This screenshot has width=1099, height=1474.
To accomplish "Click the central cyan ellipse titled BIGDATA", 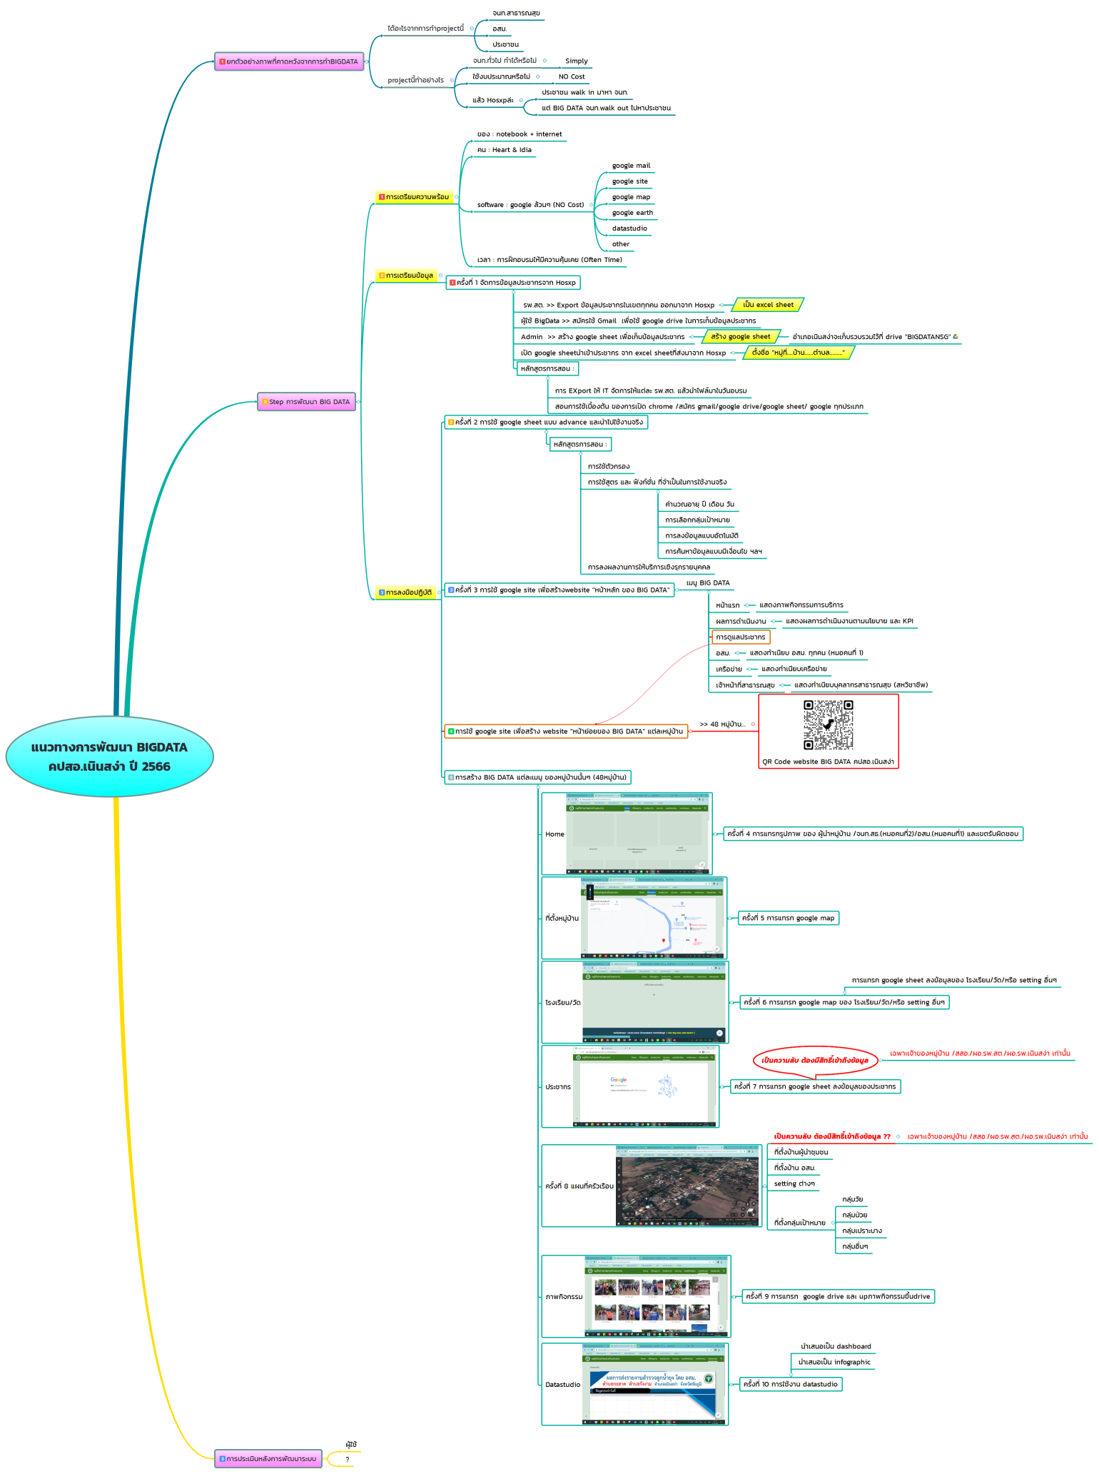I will pyautogui.click(x=109, y=757).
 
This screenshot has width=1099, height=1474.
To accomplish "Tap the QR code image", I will pyautogui.click(x=828, y=725).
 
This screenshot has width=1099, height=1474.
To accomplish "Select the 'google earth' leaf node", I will pyautogui.click(x=632, y=213).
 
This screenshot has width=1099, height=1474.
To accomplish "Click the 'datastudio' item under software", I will pyautogui.click(x=629, y=228).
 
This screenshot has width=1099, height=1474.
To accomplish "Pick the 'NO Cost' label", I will pyautogui.click(x=571, y=77).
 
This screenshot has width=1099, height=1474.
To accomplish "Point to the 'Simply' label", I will pyautogui.click(x=576, y=61).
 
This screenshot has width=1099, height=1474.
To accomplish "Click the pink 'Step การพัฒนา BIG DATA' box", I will pyautogui.click(x=306, y=402).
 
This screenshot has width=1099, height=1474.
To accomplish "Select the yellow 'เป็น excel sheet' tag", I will pyautogui.click(x=768, y=305).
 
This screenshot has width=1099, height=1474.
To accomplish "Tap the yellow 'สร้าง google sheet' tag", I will pyautogui.click(x=740, y=337).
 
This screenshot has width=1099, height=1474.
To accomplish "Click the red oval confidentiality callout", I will pyautogui.click(x=814, y=1060).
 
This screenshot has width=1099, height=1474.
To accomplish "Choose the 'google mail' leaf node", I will pyautogui.click(x=631, y=166).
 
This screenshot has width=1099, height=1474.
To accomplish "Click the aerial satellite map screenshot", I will pyautogui.click(x=688, y=1186).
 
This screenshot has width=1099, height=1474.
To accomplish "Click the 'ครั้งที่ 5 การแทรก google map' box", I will pyautogui.click(x=788, y=918).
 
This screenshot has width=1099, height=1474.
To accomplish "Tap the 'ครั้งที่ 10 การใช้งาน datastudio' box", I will pyautogui.click(x=790, y=1384).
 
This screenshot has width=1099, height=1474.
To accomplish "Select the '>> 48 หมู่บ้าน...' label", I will pyautogui.click(x=722, y=725).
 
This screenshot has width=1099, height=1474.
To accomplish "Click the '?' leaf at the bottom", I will pyautogui.click(x=347, y=1460).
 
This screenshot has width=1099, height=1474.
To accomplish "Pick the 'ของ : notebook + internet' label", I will pyautogui.click(x=520, y=134).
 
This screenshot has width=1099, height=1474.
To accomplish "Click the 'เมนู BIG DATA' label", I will pyautogui.click(x=707, y=583).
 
